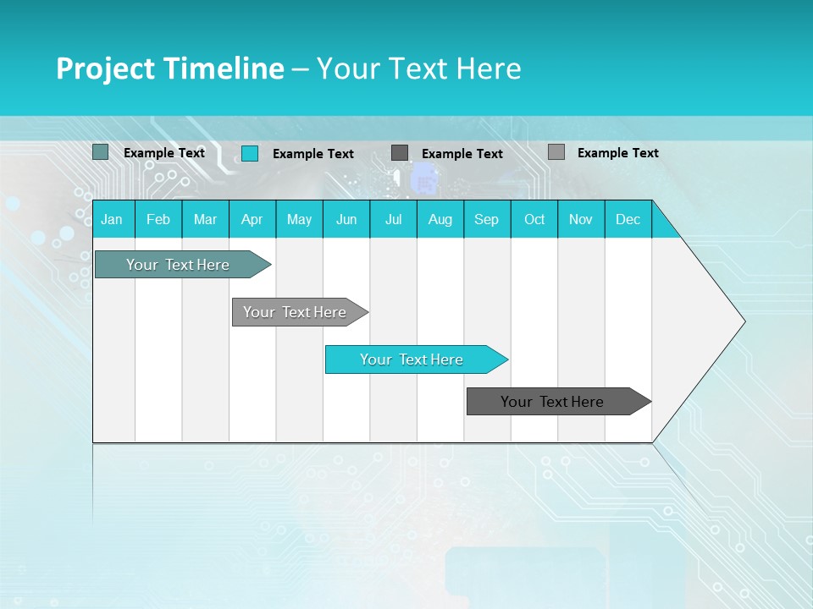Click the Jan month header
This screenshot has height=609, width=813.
click(x=112, y=219)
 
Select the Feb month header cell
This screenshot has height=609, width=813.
click(x=158, y=219)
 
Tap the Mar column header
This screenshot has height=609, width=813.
click(x=205, y=219)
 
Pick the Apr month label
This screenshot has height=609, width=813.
click(x=252, y=219)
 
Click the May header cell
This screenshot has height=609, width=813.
click(x=299, y=219)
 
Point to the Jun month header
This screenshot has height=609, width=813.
click(x=346, y=219)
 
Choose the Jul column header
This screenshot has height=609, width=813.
click(x=393, y=219)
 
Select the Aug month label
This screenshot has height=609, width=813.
click(x=440, y=219)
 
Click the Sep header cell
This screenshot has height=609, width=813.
click(x=487, y=219)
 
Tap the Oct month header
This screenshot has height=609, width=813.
click(x=534, y=219)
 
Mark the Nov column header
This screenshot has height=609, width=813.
click(x=581, y=219)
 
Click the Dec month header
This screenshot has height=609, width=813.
click(x=628, y=219)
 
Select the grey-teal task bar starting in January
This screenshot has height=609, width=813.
click(x=178, y=265)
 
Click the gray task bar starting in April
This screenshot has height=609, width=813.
click(x=295, y=312)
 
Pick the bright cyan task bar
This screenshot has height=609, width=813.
click(x=412, y=359)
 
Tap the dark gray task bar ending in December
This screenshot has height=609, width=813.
click(x=552, y=402)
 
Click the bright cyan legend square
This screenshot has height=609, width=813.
click(x=250, y=153)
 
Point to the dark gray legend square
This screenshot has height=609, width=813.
click(x=400, y=153)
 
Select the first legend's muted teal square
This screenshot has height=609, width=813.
click(x=101, y=152)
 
